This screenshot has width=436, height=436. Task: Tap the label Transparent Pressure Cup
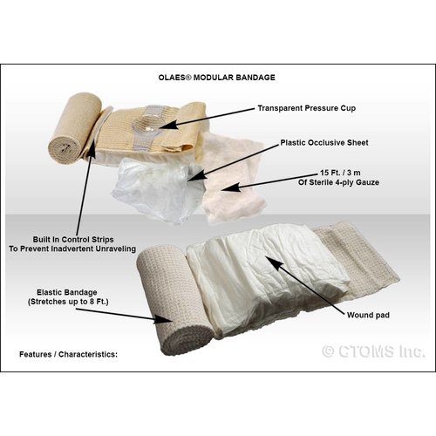(309, 108)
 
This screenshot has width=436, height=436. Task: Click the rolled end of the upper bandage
(66, 136)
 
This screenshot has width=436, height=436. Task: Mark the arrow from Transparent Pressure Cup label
(209, 118)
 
